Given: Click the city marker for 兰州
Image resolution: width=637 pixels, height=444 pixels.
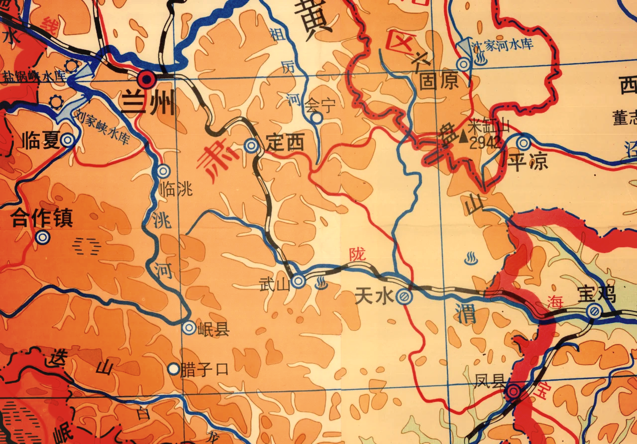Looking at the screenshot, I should pyautogui.click(x=147, y=79).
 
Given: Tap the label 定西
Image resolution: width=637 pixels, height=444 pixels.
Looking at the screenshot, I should pyautogui.click(x=285, y=144).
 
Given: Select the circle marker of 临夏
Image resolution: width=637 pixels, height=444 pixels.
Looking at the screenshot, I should pyautogui.click(x=68, y=141).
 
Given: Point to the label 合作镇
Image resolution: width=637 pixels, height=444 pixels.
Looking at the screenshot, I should pyautogui.click(x=42, y=219).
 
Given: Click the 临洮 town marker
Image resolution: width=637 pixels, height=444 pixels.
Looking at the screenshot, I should pyautogui.click(x=164, y=171).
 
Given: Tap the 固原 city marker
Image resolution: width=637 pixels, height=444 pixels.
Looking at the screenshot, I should pyautogui.click(x=463, y=64).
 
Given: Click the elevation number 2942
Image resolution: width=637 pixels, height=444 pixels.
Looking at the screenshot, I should pyautogui.click(x=485, y=143).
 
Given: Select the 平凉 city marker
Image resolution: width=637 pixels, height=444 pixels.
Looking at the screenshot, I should pyautogui.click(x=523, y=143).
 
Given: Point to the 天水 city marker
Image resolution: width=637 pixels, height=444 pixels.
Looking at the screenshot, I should pyautogui.click(x=403, y=297).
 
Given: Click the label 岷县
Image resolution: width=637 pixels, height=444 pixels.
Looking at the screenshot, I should pyautogui.click(x=213, y=329).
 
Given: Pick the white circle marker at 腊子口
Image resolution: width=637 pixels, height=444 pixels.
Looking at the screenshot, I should pyautogui.click(x=173, y=369).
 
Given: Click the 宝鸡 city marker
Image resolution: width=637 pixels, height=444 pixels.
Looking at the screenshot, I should pyautogui.click(x=593, y=311).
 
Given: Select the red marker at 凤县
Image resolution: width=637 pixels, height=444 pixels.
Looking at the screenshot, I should pyautogui.click(x=514, y=392).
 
